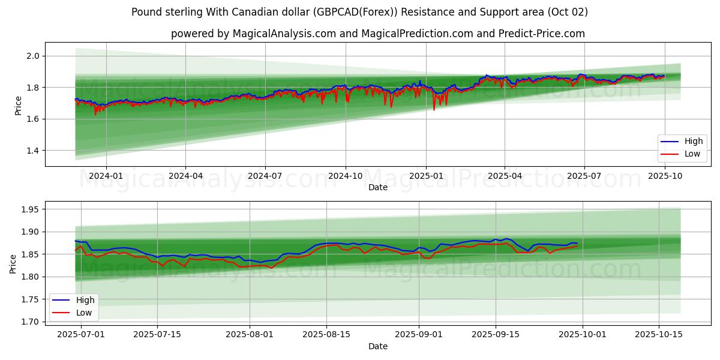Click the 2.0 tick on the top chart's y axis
(32, 56)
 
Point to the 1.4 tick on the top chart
(32, 151)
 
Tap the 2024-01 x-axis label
(106, 176)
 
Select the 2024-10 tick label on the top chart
(346, 176)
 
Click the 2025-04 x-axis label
(505, 176)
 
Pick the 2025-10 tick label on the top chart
(665, 176)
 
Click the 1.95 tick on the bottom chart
(28, 209)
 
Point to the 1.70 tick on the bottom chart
(28, 322)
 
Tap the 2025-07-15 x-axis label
(157, 335)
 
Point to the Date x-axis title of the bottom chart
(378, 346)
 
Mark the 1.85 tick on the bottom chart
(28, 254)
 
